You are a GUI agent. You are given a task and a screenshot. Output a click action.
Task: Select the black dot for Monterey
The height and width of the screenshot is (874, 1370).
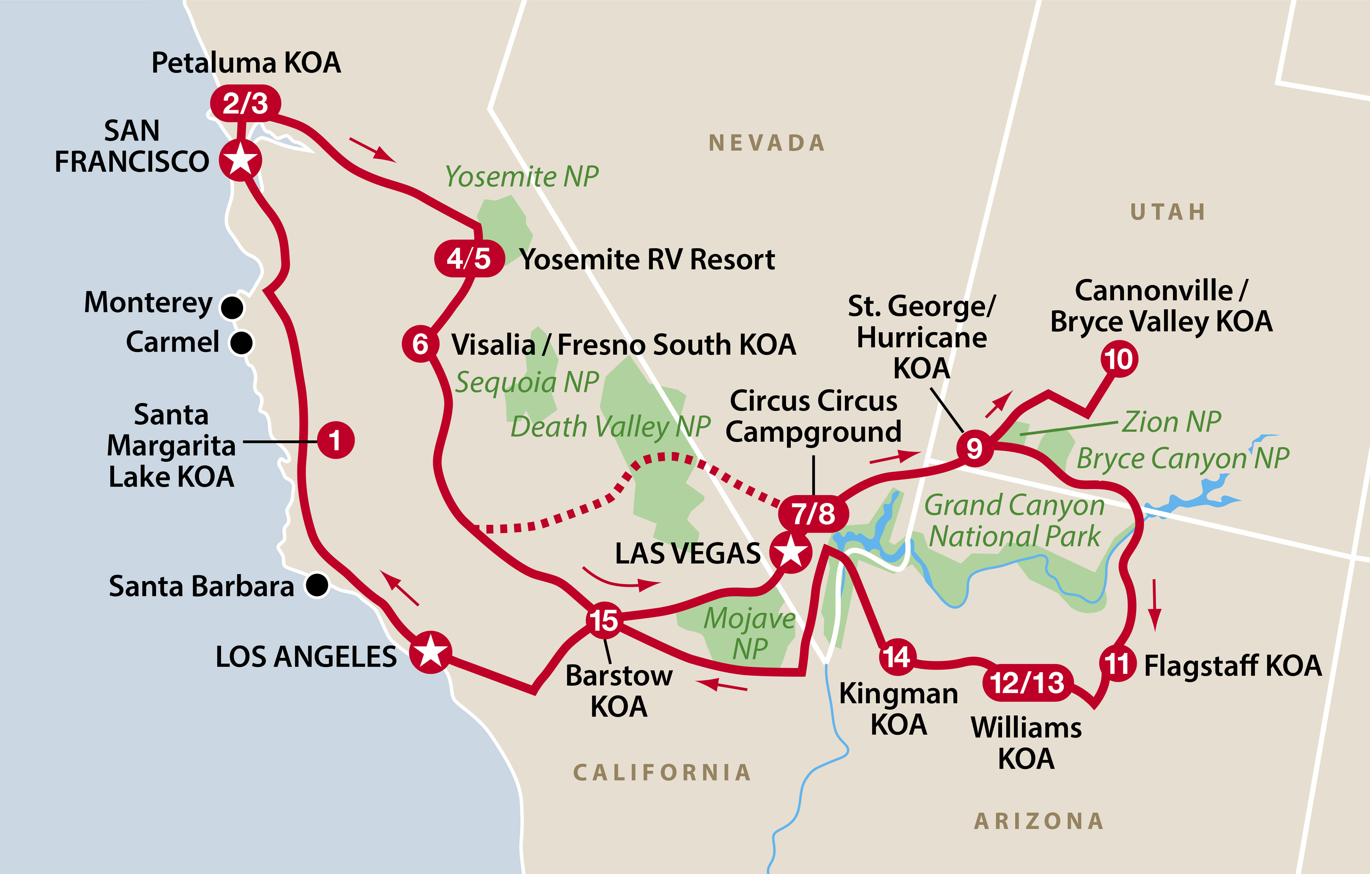coord(232,307)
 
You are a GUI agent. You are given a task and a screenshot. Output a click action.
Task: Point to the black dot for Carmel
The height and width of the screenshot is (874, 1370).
coord(241,343)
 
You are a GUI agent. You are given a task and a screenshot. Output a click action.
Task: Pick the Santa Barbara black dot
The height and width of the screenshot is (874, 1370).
coord(317,585)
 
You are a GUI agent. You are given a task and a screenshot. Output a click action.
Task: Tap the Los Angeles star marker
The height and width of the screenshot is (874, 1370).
coord(431,652)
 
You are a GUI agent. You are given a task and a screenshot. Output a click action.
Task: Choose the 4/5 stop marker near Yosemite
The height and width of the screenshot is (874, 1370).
coord(469,259)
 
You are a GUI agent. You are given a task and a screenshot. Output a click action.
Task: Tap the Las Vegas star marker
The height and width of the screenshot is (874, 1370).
coord(791,552)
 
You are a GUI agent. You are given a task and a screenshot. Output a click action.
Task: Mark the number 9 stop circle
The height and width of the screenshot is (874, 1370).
coord(974,448)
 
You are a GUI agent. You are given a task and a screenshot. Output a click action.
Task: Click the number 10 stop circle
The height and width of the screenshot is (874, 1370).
coord(1119,359)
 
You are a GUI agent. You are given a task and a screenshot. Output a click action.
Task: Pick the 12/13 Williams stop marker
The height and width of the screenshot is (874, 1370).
coord(1027,682)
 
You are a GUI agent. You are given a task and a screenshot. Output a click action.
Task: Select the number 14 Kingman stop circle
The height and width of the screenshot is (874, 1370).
coord(897,657)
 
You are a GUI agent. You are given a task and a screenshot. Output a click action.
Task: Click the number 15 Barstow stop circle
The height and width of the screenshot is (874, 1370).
coord(604,620)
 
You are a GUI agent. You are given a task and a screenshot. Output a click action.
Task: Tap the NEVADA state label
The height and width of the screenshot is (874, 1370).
coord(767,143)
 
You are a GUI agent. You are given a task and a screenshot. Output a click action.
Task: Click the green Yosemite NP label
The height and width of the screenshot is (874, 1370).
coord(522,176)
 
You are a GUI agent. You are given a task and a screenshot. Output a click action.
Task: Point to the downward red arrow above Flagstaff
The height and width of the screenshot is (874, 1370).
coord(1154,605)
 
